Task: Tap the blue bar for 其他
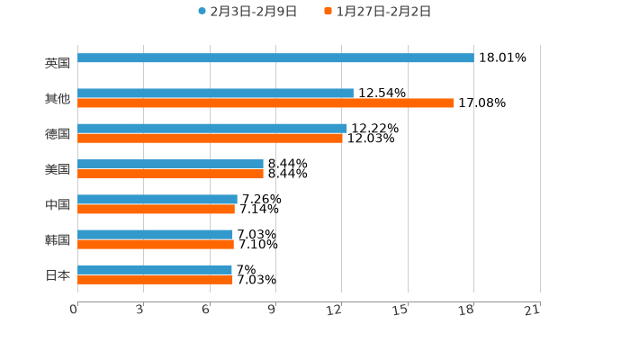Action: (x=215, y=94)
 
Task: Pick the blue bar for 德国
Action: (x=212, y=129)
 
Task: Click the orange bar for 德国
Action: (x=210, y=139)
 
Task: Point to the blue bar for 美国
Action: (x=170, y=165)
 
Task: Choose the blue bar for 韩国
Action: (x=155, y=235)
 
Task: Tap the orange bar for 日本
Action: (x=155, y=280)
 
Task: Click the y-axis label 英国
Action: (x=58, y=63)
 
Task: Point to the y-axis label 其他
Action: (x=58, y=98)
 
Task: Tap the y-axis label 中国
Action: (x=58, y=204)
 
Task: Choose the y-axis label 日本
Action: (x=58, y=274)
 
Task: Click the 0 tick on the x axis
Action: (x=75, y=310)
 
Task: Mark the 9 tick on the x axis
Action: (x=272, y=310)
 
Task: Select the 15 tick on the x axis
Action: (x=401, y=310)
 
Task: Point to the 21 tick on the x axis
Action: (x=533, y=310)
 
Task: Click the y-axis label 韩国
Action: (x=58, y=239)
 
